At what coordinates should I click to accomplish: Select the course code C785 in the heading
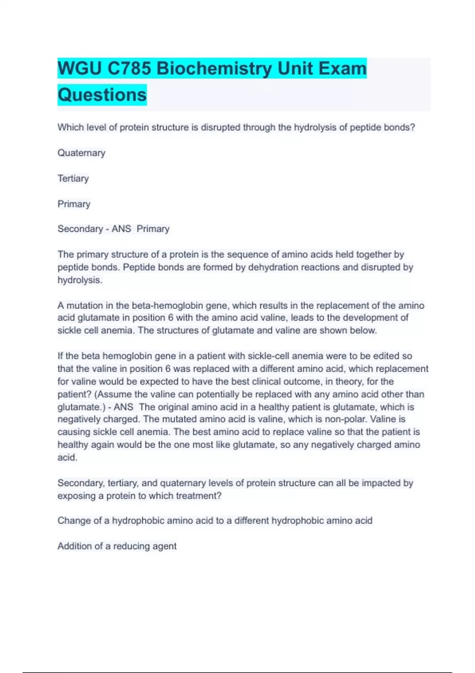[x=129, y=68]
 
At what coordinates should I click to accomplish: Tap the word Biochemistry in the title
[x=214, y=68]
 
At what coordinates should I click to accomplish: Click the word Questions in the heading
[x=102, y=95]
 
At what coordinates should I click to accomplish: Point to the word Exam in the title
[x=343, y=68]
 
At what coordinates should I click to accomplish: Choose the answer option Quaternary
[x=81, y=153]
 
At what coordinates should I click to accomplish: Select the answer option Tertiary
[x=73, y=179]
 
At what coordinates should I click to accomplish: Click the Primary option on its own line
[x=74, y=204]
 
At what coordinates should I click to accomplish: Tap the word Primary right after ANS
[x=153, y=229]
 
